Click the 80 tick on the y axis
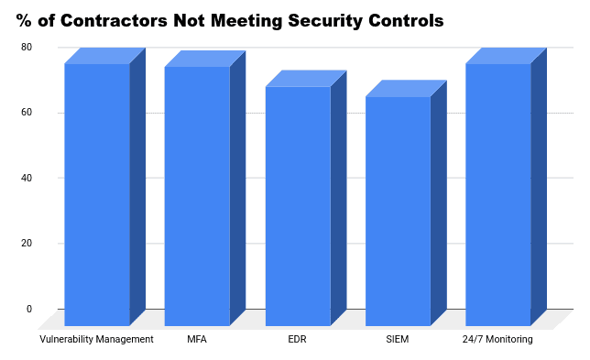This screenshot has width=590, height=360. [27, 48]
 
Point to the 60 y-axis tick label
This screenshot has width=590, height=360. [27, 113]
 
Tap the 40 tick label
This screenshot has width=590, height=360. [27, 178]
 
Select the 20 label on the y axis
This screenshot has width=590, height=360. [27, 244]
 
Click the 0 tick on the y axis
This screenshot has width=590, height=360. [29, 309]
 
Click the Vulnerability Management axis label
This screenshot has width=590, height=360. [96, 339]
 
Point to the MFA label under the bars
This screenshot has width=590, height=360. [197, 339]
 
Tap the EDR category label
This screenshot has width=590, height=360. [297, 339]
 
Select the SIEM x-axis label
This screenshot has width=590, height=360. [398, 339]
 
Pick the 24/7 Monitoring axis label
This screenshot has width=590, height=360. [497, 339]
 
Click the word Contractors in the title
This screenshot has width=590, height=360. [114, 21]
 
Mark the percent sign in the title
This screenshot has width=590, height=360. [24, 21]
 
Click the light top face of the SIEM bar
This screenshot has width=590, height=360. [406, 89]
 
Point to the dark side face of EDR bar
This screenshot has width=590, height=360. [339, 198]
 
